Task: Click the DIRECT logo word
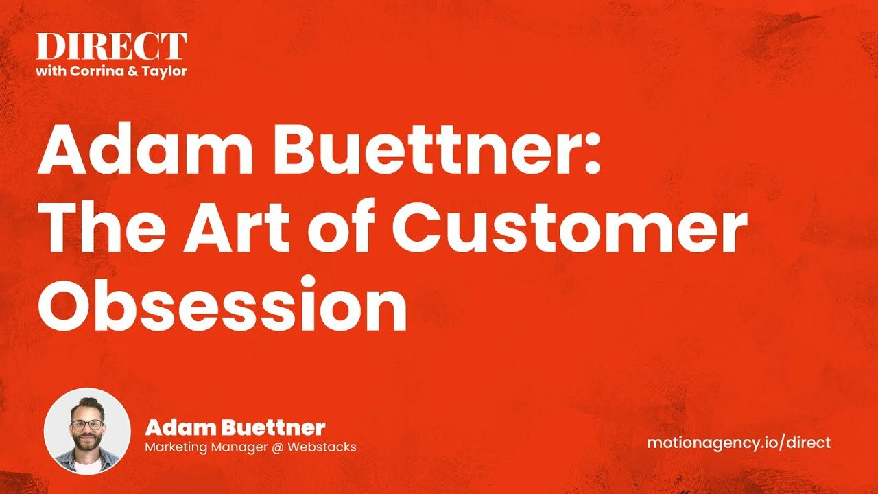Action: click(111, 47)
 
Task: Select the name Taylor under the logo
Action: click(165, 71)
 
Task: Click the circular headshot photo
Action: click(87, 431)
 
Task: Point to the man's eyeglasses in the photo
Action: click(87, 424)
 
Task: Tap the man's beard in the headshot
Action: click(87, 443)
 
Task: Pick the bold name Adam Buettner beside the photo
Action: click(235, 428)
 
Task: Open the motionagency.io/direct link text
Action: click(738, 443)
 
